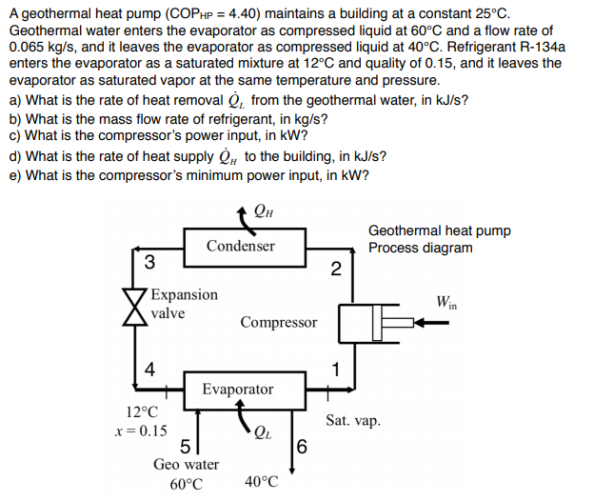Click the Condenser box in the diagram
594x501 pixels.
(241, 246)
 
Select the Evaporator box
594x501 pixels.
(237, 390)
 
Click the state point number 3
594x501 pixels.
(148, 262)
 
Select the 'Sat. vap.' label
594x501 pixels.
(353, 420)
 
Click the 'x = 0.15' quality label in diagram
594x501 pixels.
(141, 431)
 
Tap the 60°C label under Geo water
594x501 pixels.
(186, 484)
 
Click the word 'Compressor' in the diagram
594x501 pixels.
(278, 322)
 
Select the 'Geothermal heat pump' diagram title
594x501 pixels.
(439, 230)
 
